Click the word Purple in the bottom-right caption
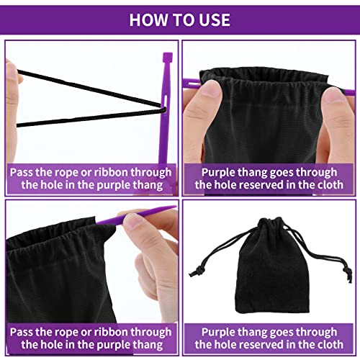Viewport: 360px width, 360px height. coord(220,333)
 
